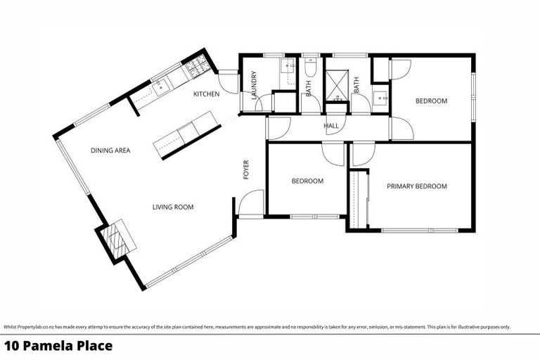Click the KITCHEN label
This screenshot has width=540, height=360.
pyautogui.click(x=207, y=94)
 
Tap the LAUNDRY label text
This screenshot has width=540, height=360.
pyautogui.click(x=254, y=85)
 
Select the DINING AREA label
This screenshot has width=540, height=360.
pyautogui.click(x=110, y=150)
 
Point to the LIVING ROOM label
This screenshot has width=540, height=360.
pyautogui.click(x=173, y=207)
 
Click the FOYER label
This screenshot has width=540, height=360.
pyautogui.click(x=247, y=169)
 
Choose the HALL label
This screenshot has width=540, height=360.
pyautogui.click(x=331, y=126)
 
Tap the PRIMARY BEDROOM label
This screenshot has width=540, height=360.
pyautogui.click(x=417, y=186)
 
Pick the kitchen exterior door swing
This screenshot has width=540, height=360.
pyautogui.click(x=228, y=79)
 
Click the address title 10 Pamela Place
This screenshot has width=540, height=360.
pyautogui.click(x=58, y=345)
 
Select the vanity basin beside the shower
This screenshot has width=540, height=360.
pyautogui.click(x=380, y=98)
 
